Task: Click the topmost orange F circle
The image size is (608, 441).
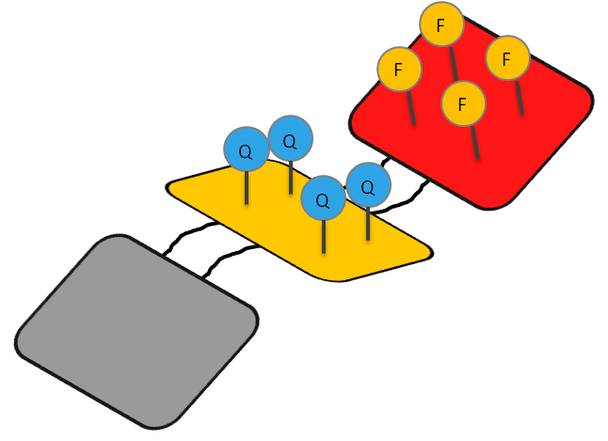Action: pos(441,24)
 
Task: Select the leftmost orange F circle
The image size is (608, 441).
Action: pos(400,70)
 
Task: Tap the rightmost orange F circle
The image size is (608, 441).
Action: pos(507,59)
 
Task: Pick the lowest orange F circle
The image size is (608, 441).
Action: pos(463,103)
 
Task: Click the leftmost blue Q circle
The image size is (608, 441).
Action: pos(247,150)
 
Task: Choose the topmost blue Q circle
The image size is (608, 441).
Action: pos(290,139)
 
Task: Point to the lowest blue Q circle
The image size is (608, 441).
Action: pos(323,199)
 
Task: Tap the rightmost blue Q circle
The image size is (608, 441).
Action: pos(368,185)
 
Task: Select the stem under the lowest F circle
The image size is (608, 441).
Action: pos(474,141)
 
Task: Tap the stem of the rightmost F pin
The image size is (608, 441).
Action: pos(520,98)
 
